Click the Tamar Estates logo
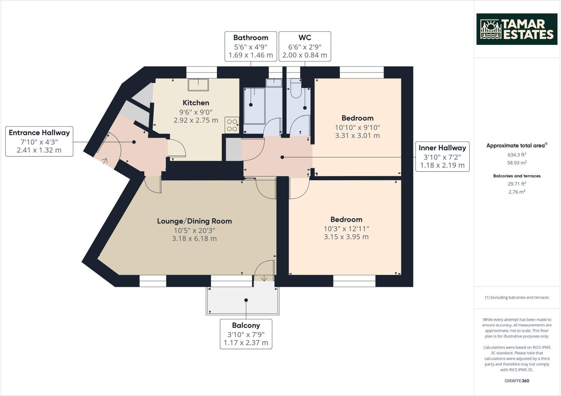click(x=517, y=29)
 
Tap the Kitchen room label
click(x=196, y=103)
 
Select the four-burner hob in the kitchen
click(x=232, y=125)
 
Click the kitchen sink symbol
click(x=198, y=85)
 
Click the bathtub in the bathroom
click(x=254, y=106)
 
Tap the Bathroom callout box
click(x=251, y=46)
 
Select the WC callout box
click(x=305, y=46)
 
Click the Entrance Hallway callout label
click(x=39, y=141)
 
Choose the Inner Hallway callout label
click(x=442, y=157)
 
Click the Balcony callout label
click(x=246, y=334)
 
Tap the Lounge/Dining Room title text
click(x=194, y=221)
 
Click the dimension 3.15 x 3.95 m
click(x=346, y=237)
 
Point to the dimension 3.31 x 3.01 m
click(x=357, y=136)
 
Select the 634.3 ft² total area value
click(x=517, y=155)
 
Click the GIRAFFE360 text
click(x=517, y=381)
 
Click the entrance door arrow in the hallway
click(x=105, y=160)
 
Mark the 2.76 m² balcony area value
click(x=517, y=192)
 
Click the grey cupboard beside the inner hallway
click(x=233, y=150)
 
